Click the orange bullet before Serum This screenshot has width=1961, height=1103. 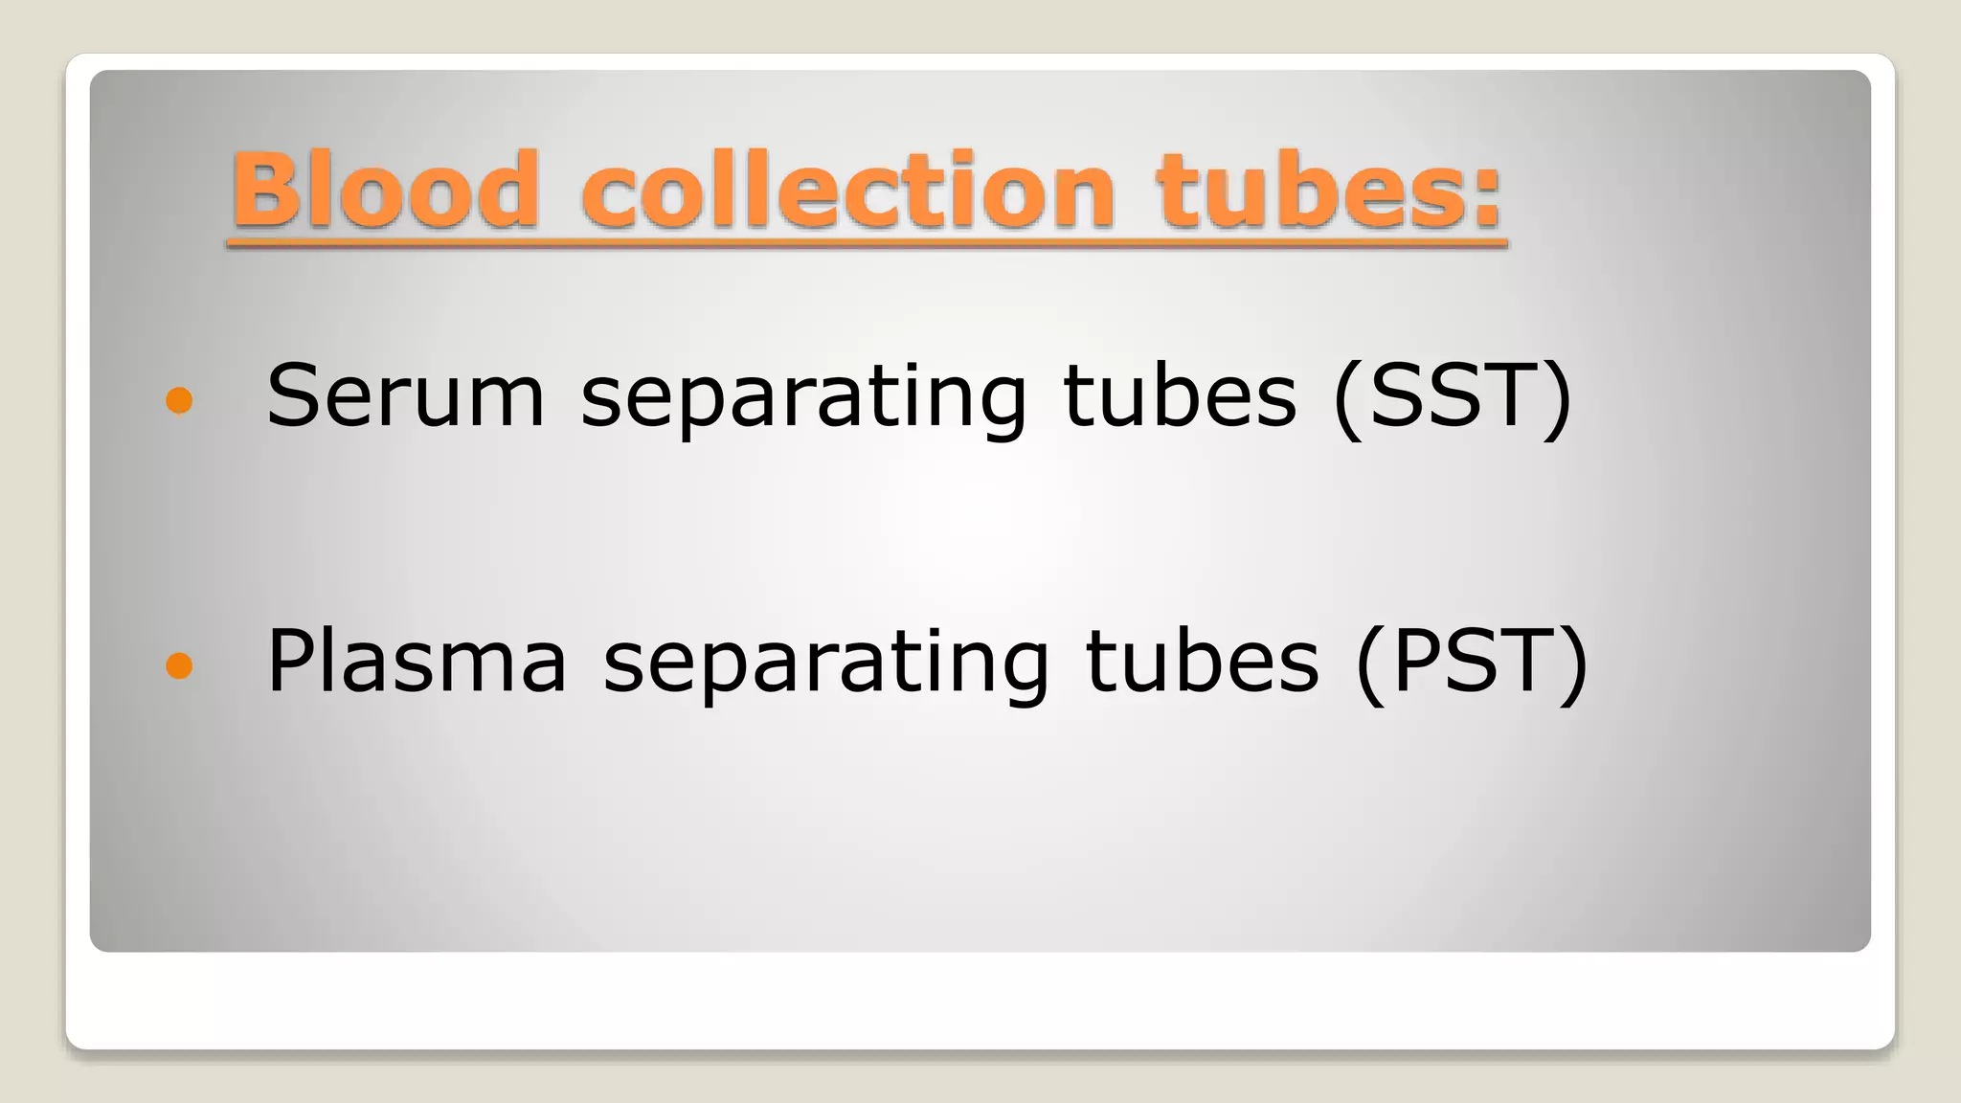tap(179, 399)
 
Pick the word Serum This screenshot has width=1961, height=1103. tap(405, 395)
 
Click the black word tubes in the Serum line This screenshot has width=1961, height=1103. tap(1180, 395)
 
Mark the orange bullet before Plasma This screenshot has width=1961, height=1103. tap(179, 664)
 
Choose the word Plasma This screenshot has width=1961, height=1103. tap(417, 661)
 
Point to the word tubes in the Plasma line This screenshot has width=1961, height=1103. tap(1203, 661)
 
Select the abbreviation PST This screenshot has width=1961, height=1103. tap(1473, 661)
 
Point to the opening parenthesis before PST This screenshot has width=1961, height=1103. tap(1370, 663)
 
